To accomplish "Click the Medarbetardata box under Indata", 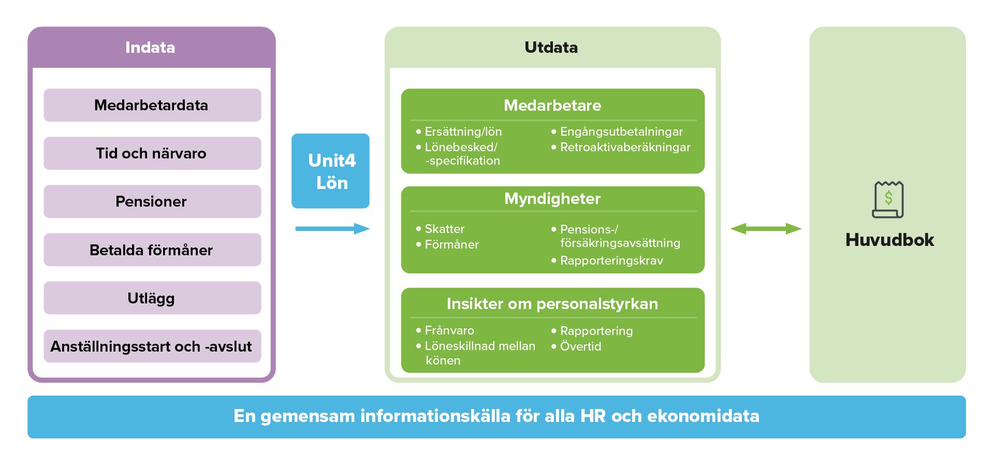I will (x=152, y=105).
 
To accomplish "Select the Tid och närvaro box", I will (x=152, y=153).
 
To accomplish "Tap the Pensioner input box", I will (x=152, y=201).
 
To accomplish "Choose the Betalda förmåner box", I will (x=152, y=250).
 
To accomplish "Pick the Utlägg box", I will (x=152, y=298).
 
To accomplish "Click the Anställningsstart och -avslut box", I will (x=152, y=346).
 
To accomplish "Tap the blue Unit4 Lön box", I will (x=331, y=171).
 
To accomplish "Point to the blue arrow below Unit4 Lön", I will (x=332, y=228).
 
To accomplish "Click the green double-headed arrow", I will (x=766, y=228).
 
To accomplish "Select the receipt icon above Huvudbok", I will (x=888, y=199).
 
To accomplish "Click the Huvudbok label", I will (x=889, y=240).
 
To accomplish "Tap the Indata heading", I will (x=150, y=48).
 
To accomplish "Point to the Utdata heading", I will (x=551, y=48).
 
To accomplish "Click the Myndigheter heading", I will (x=552, y=199).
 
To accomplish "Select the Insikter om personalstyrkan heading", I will (x=552, y=304).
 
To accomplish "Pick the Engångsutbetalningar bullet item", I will (x=621, y=132).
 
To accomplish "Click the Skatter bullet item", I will (x=444, y=229).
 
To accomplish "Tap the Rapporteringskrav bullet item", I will (x=611, y=260).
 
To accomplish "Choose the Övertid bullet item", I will (x=580, y=346).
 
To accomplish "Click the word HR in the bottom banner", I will (x=593, y=416).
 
